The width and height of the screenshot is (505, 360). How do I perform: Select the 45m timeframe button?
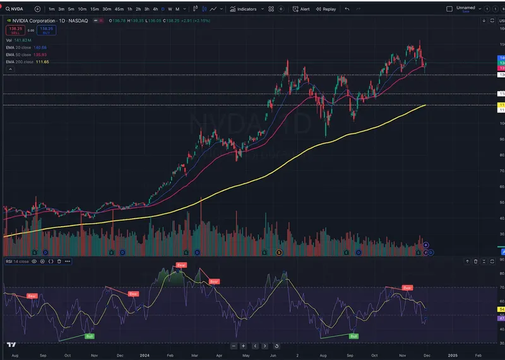point(119,9)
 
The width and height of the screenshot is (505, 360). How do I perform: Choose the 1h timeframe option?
point(129,9)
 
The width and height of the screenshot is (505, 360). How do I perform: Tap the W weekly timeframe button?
point(170,9)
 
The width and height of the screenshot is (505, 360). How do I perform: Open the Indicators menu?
point(242,9)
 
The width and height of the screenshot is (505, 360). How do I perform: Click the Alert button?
point(301,9)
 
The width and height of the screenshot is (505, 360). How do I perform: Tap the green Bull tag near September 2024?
point(353,337)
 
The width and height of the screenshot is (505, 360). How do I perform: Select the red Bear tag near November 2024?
point(407,287)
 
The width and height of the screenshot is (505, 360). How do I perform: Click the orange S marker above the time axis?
point(279,252)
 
